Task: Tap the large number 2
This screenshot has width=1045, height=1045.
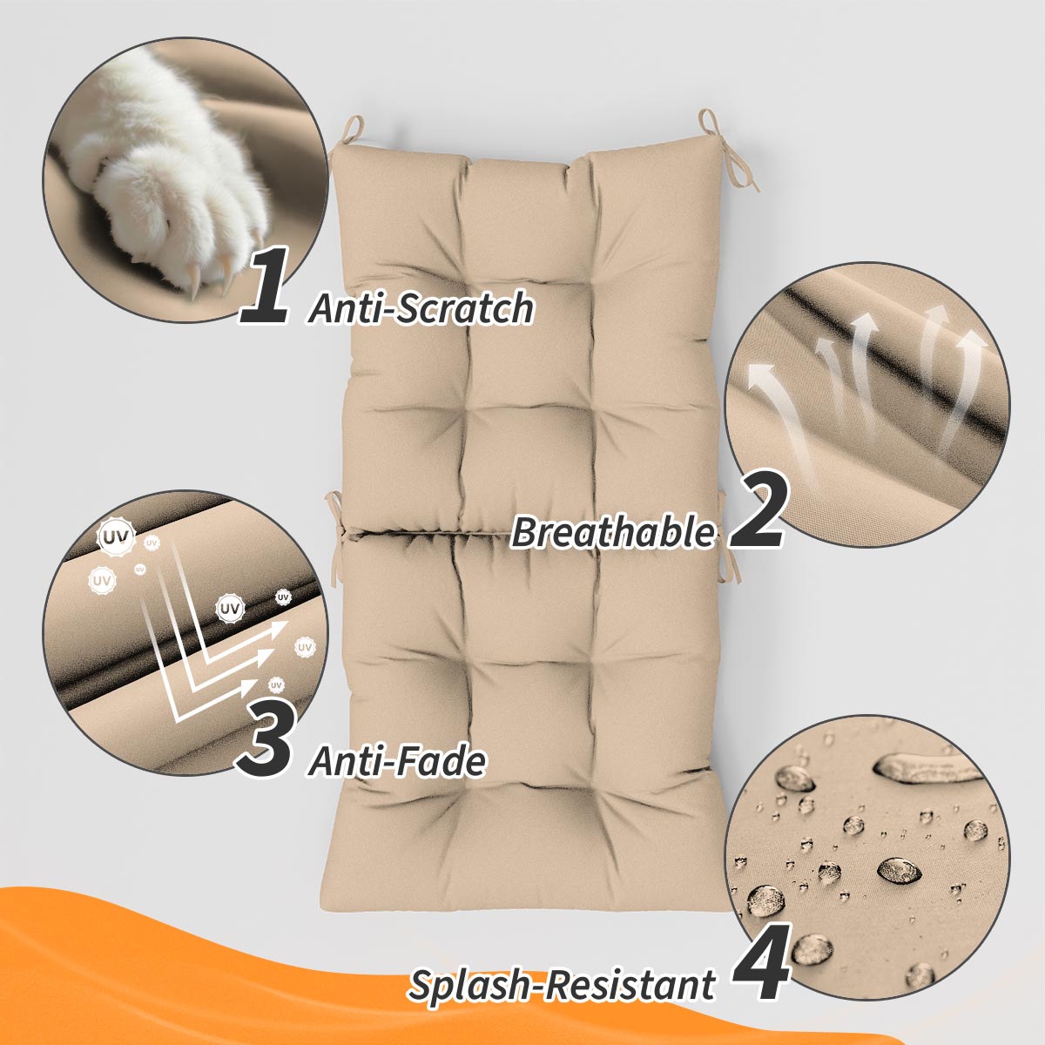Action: (x=756, y=511)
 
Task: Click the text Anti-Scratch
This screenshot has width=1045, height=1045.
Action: (x=421, y=308)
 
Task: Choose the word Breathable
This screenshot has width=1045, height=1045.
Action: (x=612, y=531)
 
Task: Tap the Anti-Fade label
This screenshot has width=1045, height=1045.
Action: (x=397, y=762)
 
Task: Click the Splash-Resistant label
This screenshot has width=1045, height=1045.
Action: (x=562, y=985)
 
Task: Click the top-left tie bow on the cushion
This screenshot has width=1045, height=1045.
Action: (x=348, y=135)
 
